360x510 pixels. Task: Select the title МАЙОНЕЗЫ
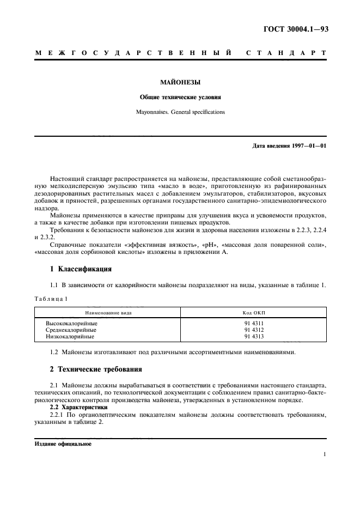pos(180,83)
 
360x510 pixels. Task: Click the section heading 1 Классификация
pos(81,269)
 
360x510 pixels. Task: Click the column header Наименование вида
pos(108,313)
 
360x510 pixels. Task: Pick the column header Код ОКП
pos(254,313)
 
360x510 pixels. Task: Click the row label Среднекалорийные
pos(71,330)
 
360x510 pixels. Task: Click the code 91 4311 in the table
pos(254,324)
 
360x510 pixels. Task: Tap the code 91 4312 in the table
pos(254,330)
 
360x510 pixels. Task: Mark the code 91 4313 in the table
pos(254,337)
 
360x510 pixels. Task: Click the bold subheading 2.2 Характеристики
pos(79,408)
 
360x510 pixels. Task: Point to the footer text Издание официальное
pos(63,444)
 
